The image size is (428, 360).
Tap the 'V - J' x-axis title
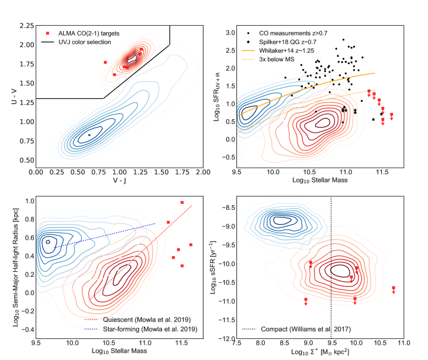pyautogui.click(x=119, y=182)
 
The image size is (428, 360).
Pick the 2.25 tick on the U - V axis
pyautogui.click(x=25, y=26)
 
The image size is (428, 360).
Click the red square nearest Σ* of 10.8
pyautogui.click(x=394, y=288)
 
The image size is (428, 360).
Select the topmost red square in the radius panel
pyautogui.click(x=182, y=203)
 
